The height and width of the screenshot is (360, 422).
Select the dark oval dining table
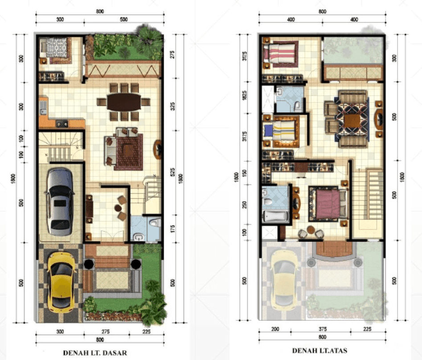(124, 102)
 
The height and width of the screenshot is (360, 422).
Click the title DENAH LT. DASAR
(95, 353)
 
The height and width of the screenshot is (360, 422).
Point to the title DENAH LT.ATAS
(320, 351)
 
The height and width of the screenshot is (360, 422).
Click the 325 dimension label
(172, 106)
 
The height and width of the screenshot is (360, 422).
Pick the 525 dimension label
(172, 172)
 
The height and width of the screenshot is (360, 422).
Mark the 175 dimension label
(172, 229)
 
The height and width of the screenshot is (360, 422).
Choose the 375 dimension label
(323, 329)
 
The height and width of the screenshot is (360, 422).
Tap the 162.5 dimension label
(244, 95)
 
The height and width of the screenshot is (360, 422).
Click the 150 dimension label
(244, 173)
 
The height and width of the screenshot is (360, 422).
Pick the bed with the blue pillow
(281, 131)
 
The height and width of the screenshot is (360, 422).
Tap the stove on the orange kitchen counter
(61, 123)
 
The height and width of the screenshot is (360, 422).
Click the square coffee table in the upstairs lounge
(352, 120)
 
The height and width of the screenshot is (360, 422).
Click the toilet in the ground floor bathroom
(155, 222)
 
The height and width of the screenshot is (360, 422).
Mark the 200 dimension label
(275, 329)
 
